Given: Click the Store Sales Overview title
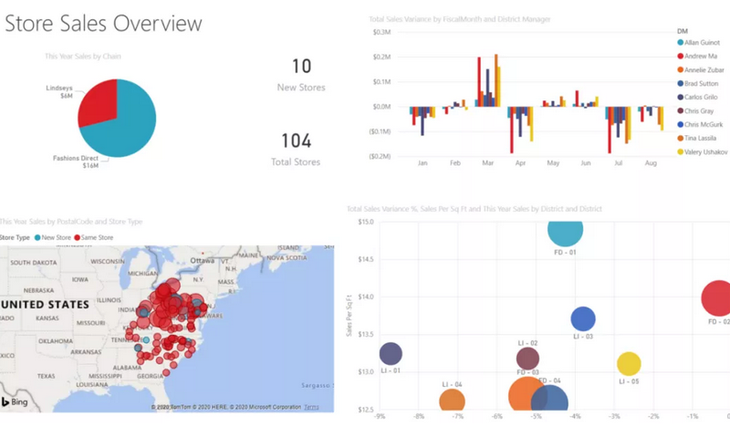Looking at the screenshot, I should coord(103,22).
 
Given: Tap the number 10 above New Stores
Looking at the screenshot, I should coord(301,66).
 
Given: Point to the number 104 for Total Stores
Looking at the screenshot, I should coord(297,141).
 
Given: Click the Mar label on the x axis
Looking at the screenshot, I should coord(487,164).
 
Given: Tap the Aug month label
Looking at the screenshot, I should coord(650,164).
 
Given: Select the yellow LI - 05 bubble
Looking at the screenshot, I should coord(629,364).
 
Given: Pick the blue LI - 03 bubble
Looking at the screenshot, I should coord(583,318).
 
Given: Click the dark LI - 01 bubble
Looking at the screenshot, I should coord(391,354).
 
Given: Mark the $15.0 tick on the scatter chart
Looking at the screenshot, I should coord(364,222).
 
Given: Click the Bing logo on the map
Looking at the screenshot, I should coord(17,401).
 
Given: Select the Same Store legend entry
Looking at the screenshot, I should coord(99,237).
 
